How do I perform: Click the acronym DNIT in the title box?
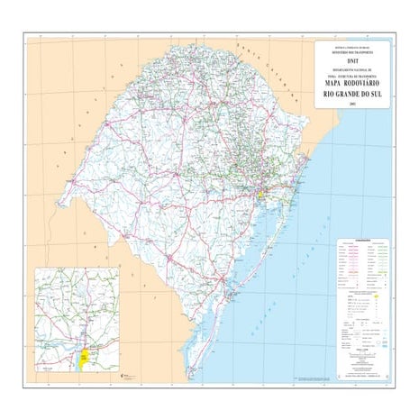352,60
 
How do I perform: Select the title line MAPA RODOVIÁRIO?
352,83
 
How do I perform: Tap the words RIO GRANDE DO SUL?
352,94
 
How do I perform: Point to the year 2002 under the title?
352,105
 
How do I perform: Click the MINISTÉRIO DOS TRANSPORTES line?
352,51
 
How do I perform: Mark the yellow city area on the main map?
260,193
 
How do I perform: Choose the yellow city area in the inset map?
83,358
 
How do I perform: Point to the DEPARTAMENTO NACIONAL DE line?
352,69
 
